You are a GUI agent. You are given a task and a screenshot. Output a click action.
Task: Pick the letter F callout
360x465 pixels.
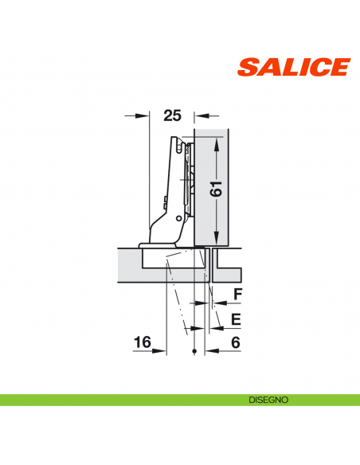click(x=237, y=295)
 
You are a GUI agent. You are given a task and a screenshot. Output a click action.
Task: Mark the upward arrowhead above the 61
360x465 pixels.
click(x=217, y=140)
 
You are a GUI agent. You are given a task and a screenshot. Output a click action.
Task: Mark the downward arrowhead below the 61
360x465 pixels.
click(x=217, y=238)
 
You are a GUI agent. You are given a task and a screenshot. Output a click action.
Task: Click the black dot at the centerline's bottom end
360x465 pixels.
click(x=194, y=352)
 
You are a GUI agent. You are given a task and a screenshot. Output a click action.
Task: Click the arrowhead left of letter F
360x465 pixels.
click(x=213, y=304)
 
